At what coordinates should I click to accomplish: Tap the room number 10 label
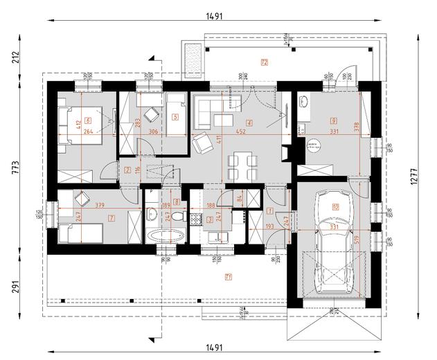click(335, 206)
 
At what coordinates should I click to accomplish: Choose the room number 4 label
click(249, 123)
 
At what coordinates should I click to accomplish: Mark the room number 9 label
click(333, 119)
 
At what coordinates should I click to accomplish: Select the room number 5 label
click(176, 118)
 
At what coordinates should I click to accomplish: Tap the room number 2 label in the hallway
click(127, 170)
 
